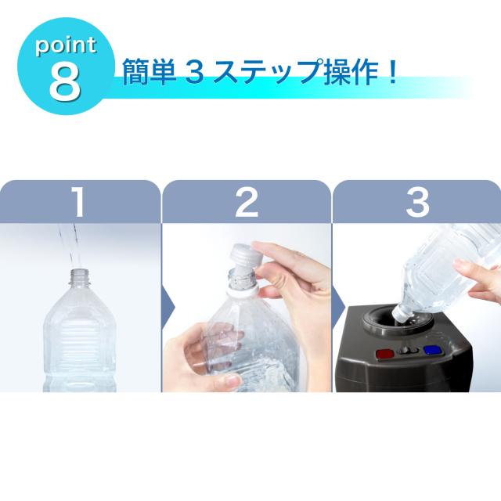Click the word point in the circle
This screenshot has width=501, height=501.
click(66, 46)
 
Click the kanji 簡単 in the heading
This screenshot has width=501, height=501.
click(150, 72)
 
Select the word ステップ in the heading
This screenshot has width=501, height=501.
click(268, 72)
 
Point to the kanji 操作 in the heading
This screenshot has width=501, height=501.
click(351, 72)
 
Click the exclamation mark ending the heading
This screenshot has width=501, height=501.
click(392, 72)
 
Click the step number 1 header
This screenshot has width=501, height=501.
click(78, 202)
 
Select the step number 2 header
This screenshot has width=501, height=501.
click(247, 202)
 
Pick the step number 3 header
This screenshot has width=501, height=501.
click(417, 202)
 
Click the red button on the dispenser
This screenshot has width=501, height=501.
click(385, 354)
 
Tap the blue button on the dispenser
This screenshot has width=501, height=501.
click(433, 350)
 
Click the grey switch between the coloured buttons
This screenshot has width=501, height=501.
click(409, 351)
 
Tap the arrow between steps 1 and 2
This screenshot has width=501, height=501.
click(169, 308)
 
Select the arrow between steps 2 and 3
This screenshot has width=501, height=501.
click(339, 308)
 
